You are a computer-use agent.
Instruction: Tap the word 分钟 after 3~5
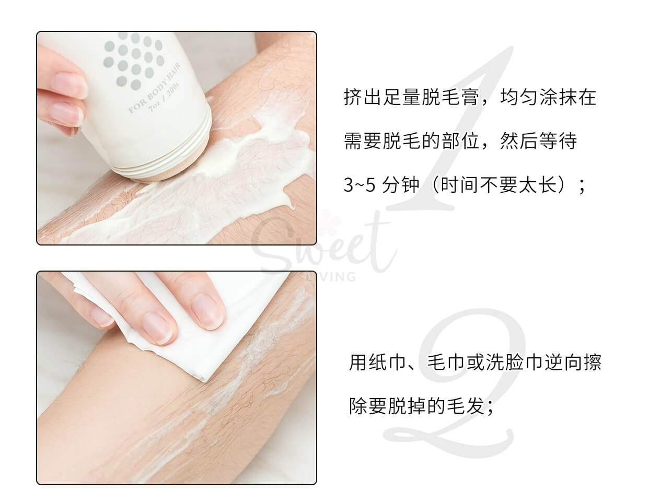click(400, 185)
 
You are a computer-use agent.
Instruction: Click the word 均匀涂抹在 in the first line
click(549, 98)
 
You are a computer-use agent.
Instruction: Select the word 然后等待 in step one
click(538, 142)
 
